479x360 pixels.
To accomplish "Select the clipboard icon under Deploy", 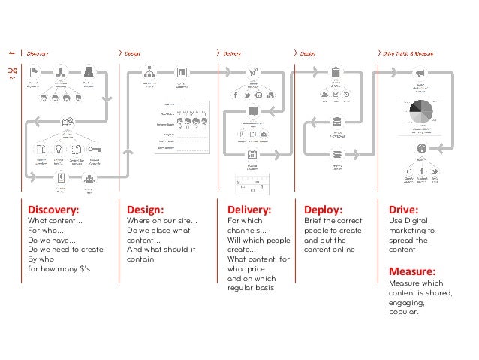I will coord(336,73).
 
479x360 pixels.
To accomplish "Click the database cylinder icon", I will coord(335,123).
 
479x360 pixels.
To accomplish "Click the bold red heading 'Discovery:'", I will coord(53,210).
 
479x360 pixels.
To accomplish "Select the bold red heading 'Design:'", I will coord(146,210).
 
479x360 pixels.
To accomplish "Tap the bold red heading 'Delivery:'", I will coord(249,210).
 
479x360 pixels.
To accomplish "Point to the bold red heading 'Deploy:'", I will coord(323,210).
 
